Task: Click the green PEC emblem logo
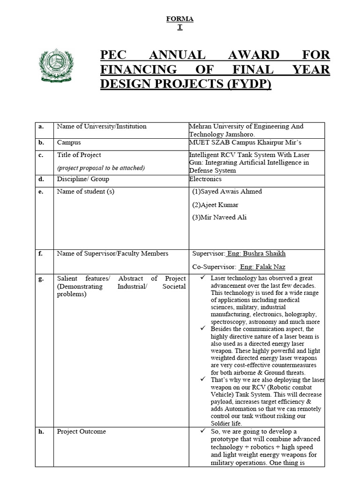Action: pyautogui.click(x=57, y=64)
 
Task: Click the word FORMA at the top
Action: pyautogui.click(x=180, y=19)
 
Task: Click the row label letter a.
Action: pyautogui.click(x=41, y=127)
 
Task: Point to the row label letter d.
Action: pyautogui.click(x=41, y=179)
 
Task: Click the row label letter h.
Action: pyautogui.click(x=41, y=432)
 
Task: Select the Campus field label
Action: pyautogui.click(x=68, y=142)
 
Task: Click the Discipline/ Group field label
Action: pyautogui.click(x=83, y=179)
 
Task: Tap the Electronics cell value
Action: pyautogui.click(x=205, y=179)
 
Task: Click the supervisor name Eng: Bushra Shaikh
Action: pyautogui.click(x=256, y=254)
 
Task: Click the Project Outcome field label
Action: pyautogui.click(x=81, y=432)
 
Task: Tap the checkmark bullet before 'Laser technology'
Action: pyautogui.click(x=202, y=278)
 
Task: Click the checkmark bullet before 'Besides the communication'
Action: pyautogui.click(x=202, y=329)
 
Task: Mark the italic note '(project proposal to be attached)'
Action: pyautogui.click(x=101, y=168)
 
